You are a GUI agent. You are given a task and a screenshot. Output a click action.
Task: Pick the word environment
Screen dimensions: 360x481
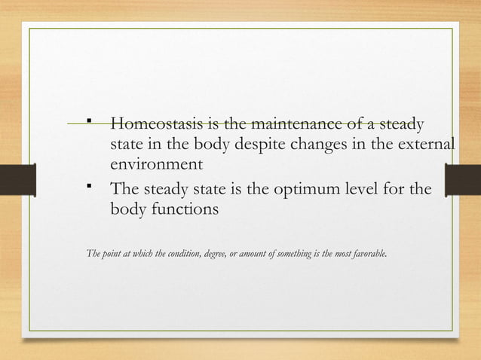(x=156, y=163)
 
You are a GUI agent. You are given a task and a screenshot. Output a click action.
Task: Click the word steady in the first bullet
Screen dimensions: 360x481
(x=401, y=124)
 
